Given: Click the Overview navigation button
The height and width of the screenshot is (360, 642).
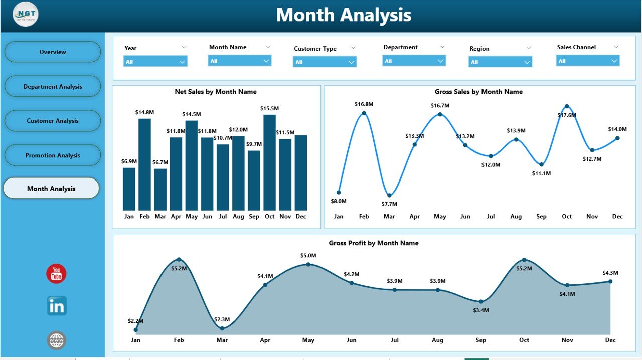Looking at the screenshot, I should pos(53,52).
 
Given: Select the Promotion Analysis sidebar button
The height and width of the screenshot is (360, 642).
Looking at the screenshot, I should pos(53,155).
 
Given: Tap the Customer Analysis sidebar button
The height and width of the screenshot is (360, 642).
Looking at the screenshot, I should pos(53,121).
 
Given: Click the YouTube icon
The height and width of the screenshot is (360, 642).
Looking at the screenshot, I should pos(56,274).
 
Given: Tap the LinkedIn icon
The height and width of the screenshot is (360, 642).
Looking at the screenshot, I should pos(57,306).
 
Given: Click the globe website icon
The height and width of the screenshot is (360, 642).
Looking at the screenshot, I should pos(57,340).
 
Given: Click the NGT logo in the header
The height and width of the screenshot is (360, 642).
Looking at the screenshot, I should pos(26,15).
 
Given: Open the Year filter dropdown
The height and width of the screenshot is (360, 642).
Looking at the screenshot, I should pos(155,61).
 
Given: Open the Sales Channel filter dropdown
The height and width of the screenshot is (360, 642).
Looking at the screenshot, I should pos(588,61).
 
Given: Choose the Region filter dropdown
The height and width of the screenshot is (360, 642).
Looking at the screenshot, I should pos(501,62).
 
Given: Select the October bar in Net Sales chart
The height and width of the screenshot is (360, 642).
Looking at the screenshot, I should pos(269,162).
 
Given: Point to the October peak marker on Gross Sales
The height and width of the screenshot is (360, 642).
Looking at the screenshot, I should pos(567,106).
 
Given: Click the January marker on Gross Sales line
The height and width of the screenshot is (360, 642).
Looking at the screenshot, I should pos(339,192).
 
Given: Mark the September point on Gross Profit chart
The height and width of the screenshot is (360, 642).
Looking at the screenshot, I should pos(481,301).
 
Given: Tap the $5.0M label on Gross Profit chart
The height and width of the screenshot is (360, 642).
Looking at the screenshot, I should pos(308,256).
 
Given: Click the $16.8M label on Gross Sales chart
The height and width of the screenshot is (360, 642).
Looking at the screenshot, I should pos(364,104).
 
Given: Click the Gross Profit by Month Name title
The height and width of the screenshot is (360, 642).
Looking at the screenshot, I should pos(374,243).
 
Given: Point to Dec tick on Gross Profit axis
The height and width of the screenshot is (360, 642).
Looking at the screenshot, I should pos(610,340).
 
